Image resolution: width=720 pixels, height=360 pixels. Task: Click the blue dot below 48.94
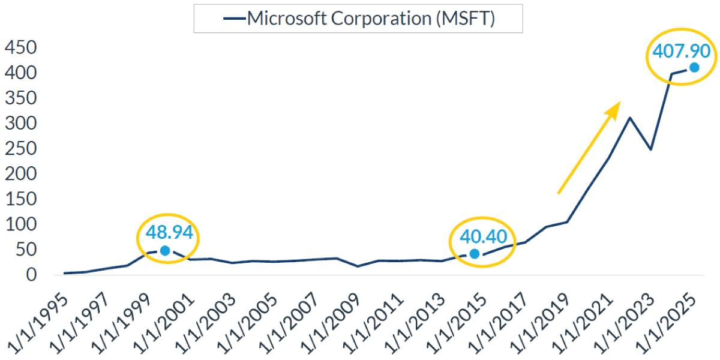coord(165,250)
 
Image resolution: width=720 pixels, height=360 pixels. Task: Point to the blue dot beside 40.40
coord(475,254)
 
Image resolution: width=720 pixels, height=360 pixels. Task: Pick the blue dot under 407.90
coord(694,67)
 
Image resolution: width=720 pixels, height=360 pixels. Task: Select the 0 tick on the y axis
coord(31,275)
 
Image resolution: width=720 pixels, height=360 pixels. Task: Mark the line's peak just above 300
coord(629,118)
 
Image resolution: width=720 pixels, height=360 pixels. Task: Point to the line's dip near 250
coord(650,149)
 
